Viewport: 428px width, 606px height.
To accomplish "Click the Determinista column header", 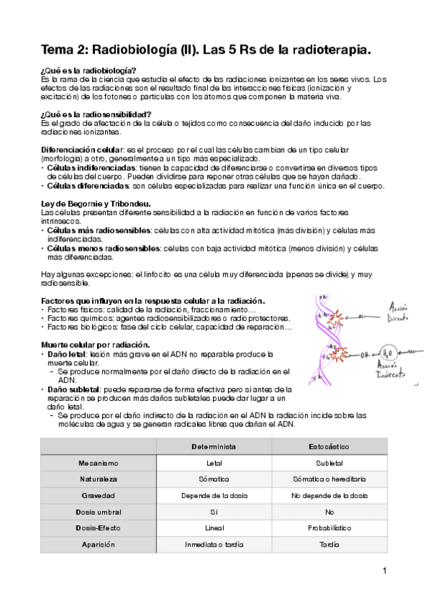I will pos(214,447).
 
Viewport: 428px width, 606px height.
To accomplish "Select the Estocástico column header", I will pos(329,447).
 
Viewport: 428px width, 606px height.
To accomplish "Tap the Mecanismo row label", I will pos(98,463).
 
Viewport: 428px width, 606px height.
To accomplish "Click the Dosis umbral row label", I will pos(98,512).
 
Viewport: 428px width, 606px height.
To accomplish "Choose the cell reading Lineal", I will pos(214,529).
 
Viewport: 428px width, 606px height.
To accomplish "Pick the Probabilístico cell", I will pos(329,529).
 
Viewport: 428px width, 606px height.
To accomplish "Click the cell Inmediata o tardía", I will pos(214,545).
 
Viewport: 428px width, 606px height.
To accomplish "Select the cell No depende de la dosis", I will pos(329,496).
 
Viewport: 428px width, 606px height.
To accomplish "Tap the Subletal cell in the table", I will pos(329,463).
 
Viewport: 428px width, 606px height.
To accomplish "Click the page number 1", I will pos(384,571).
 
